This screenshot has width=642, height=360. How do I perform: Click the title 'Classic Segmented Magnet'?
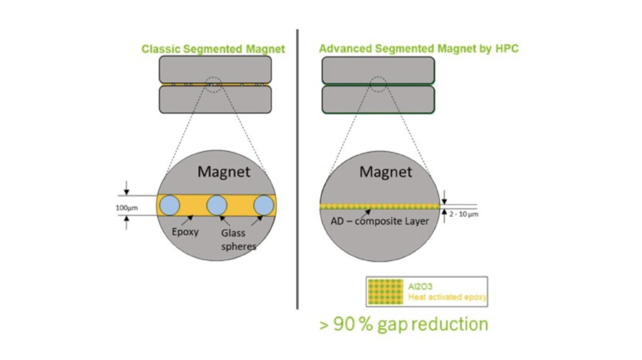point(213,48)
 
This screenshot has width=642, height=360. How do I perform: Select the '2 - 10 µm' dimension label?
point(464,214)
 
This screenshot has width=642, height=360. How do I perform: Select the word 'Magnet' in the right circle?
point(386,171)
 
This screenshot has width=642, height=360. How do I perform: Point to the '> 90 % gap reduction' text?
point(403,324)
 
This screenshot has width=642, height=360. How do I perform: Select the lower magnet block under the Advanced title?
point(378,99)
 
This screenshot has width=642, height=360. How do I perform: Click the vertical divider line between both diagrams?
point(297,169)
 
